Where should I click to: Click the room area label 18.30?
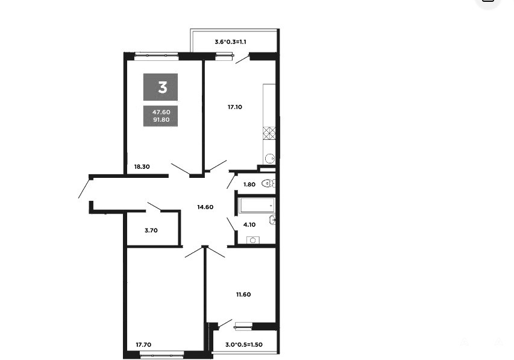[142, 166]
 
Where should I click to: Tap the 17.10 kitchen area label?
[235, 107]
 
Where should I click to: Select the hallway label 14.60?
[205, 207]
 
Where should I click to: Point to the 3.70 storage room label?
[151, 230]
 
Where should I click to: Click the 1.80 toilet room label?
[249, 185]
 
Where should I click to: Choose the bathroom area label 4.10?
[249, 225]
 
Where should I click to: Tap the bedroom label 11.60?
[243, 295]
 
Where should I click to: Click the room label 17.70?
[143, 345]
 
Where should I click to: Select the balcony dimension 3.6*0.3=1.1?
[230, 42]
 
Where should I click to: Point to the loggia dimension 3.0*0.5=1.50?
[244, 345]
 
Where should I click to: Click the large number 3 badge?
[161, 87]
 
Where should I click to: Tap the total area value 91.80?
[161, 120]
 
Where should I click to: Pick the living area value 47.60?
[161, 112]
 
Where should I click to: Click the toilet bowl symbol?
[268, 183]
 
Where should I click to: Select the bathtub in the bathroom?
[256, 206]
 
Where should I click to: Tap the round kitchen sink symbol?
[269, 158]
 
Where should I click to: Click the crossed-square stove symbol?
[269, 133]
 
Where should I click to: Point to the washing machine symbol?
[252, 240]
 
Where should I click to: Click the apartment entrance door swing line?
[84, 188]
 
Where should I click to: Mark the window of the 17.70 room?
[162, 353]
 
